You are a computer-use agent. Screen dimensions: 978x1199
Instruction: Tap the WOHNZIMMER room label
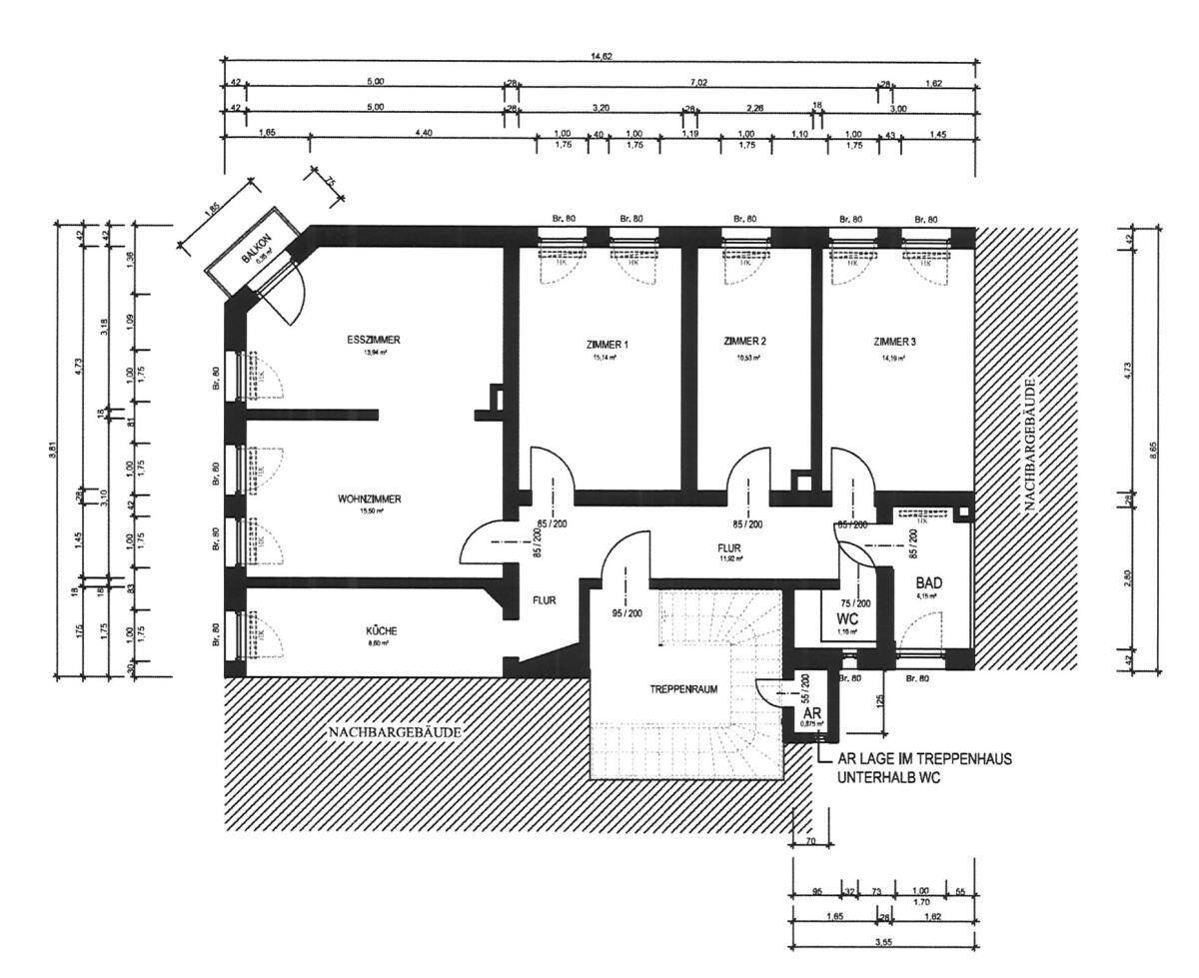(x=369, y=499)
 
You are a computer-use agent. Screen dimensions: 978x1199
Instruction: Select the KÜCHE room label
(x=381, y=630)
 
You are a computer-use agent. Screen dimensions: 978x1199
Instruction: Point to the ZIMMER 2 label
(x=744, y=341)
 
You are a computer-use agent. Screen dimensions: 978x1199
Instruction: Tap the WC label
(x=848, y=619)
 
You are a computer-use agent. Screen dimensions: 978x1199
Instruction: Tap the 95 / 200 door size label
(x=611, y=612)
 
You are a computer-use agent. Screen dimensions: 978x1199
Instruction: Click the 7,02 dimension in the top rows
(x=698, y=83)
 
